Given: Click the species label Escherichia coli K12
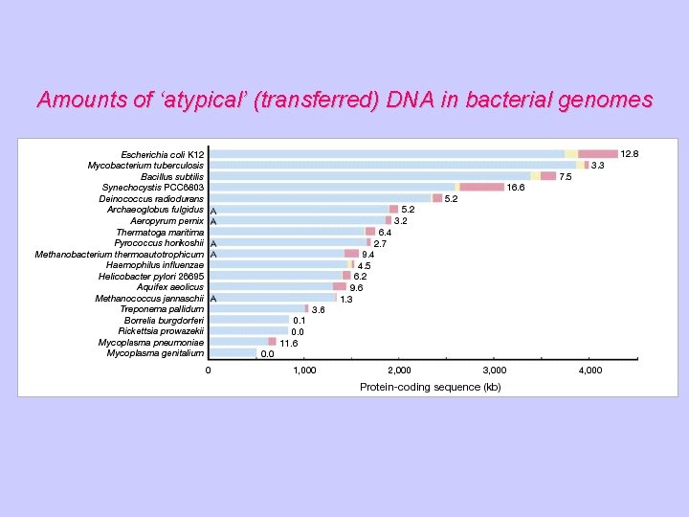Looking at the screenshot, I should pyautogui.click(x=162, y=154).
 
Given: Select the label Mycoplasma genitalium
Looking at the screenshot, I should pyautogui.click(x=155, y=353).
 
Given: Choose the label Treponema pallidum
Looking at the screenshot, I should pyautogui.click(x=162, y=309).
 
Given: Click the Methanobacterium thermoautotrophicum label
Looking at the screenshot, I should pyautogui.click(x=120, y=254).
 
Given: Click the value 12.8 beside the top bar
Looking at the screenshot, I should pyautogui.click(x=629, y=153).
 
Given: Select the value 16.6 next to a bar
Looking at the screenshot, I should pyautogui.click(x=516, y=187).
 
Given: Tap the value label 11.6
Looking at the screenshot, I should pyautogui.click(x=288, y=343).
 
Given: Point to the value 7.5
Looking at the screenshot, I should pyautogui.click(x=566, y=176).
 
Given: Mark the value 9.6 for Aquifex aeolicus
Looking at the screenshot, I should pyautogui.click(x=356, y=287).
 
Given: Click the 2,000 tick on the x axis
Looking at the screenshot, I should pyautogui.click(x=399, y=371).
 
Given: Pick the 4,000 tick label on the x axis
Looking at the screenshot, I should pyautogui.click(x=589, y=371).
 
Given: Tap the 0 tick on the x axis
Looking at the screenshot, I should pyautogui.click(x=209, y=371).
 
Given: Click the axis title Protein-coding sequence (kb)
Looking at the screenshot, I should pyautogui.click(x=430, y=387).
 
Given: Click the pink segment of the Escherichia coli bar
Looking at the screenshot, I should pyautogui.click(x=597, y=154).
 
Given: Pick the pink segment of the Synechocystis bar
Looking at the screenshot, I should pyautogui.click(x=481, y=187).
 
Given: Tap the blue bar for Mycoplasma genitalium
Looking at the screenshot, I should pyautogui.click(x=233, y=353).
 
